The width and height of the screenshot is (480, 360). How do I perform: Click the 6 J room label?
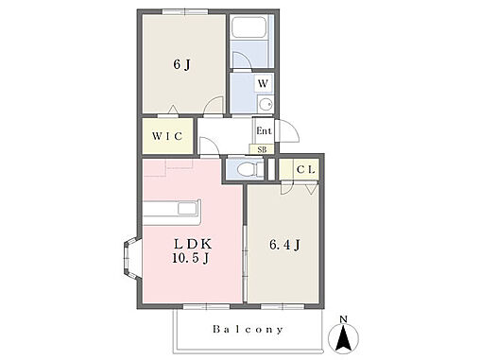(181, 65)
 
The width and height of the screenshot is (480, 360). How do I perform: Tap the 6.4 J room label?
(284, 245)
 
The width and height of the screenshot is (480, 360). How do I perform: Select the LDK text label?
(193, 244)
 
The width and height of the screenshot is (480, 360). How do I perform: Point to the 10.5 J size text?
(191, 258)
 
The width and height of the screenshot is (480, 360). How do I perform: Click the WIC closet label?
(167, 136)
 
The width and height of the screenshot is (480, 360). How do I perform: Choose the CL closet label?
(305, 170)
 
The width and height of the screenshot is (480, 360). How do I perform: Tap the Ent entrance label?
(264, 130)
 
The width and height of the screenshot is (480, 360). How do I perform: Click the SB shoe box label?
(262, 149)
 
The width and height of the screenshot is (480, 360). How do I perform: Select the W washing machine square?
(263, 83)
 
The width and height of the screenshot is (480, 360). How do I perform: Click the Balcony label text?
(248, 330)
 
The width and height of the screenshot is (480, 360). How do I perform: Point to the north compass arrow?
(343, 338)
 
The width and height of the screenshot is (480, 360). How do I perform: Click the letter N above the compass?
(343, 319)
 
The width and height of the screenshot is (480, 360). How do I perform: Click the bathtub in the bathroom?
(249, 27)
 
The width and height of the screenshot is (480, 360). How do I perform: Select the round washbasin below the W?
(266, 103)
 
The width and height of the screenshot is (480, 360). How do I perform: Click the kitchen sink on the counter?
(188, 209)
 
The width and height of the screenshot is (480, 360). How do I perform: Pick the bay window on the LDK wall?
(131, 259)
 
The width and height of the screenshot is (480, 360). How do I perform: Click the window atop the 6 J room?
(185, 12)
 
